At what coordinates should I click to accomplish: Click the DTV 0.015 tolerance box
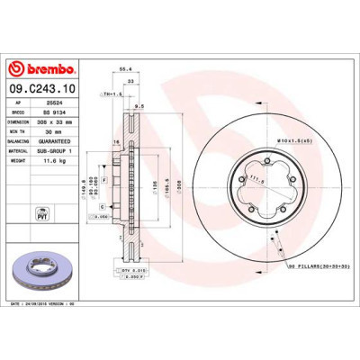(x=131, y=270)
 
